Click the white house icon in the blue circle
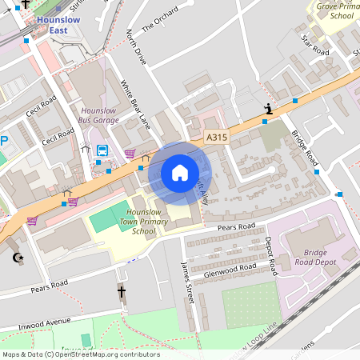coord(179,172)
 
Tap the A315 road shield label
coord(216,138)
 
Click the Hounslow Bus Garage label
coord(98,114)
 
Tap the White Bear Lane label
coord(135,104)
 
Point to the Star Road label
coord(315,45)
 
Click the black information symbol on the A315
coord(269,109)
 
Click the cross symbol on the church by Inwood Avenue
coord(122,293)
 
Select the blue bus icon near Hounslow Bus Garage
coord(102,150)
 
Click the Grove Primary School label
coord(334,10)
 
